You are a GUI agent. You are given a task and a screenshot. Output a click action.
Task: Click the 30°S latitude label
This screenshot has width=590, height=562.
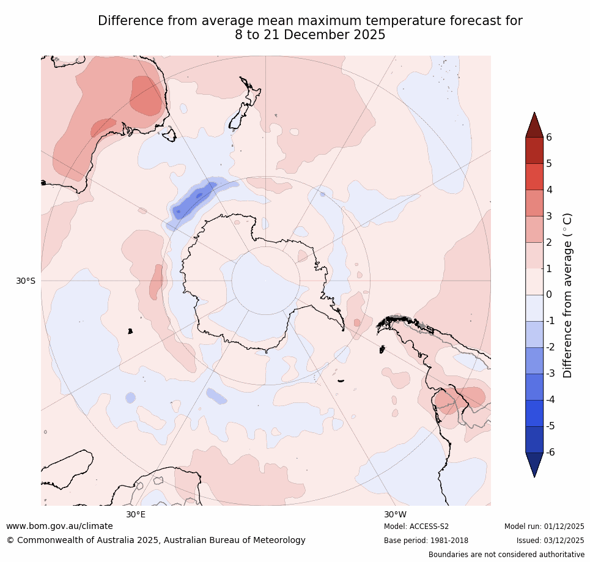pos(26,281)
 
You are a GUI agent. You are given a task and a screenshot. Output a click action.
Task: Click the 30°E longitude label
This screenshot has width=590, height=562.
pos(136,514)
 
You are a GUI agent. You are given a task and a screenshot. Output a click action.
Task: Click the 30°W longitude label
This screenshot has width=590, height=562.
pos(395,514)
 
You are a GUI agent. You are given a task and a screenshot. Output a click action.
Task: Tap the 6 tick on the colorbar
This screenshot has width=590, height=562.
pos(548,137)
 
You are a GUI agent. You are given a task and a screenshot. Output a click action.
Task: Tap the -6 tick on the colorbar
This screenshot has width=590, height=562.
pos(551,452)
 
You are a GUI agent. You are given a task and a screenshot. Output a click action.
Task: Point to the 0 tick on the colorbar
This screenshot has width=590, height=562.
pos(548,295)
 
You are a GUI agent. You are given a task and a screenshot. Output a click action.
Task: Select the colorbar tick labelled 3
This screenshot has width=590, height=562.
pos(548,216)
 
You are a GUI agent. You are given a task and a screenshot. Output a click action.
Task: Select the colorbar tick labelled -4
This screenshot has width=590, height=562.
pos(551,399)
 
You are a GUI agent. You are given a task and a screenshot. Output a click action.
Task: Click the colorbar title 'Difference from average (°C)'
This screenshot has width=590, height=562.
pos(567,295)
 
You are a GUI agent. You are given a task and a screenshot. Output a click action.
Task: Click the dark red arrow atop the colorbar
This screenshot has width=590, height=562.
pos(534,125)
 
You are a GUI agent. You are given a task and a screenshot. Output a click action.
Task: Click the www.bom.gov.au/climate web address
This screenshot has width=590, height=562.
pos(59,526)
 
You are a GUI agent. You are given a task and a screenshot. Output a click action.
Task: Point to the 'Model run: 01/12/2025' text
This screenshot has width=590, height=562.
pos(544,527)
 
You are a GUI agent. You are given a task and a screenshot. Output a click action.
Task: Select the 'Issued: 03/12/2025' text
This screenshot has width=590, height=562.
pos(550,541)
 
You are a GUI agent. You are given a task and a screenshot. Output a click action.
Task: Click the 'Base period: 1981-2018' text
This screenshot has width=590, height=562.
pos(426,541)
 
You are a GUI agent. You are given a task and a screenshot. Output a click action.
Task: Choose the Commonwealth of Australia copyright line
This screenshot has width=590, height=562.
pos(156,541)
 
